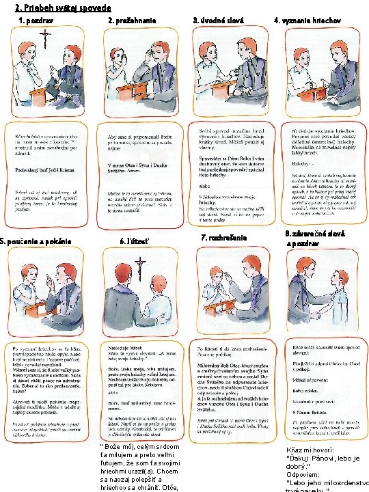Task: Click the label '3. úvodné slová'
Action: [x=218, y=20]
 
